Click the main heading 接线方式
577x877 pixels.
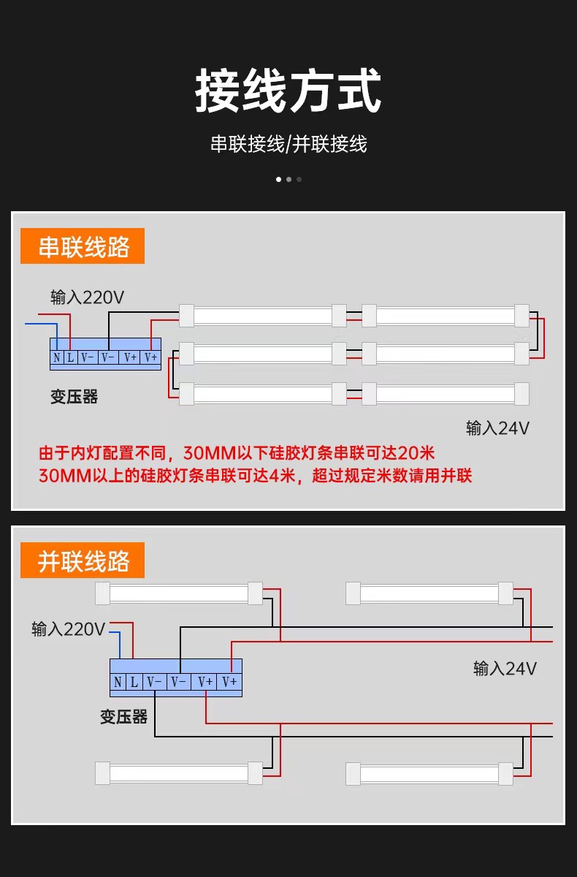288,91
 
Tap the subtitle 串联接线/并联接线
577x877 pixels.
288,144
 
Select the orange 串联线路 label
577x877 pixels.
83,246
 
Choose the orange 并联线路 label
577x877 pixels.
83,561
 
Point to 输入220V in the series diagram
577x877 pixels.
87,297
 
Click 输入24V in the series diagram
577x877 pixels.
497,428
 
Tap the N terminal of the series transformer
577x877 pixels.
56,357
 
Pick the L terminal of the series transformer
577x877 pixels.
71,357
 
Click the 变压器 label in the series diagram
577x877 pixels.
74,397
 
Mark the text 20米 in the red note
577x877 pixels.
417,452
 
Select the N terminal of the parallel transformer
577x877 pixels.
118,682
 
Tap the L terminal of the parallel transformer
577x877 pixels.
134,682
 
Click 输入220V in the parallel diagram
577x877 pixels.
68,629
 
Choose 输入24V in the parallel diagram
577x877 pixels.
505,668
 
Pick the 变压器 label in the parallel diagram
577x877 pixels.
123,717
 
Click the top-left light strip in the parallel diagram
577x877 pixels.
179,593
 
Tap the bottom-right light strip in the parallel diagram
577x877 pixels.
429,773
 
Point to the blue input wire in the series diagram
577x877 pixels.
41,323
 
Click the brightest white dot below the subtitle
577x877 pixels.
278,179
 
